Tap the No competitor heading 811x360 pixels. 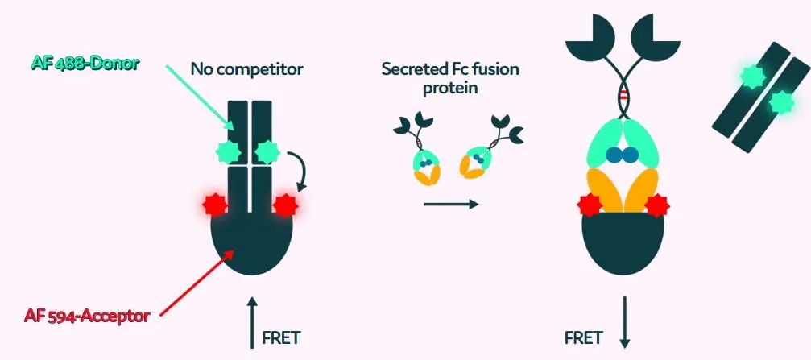click(246, 69)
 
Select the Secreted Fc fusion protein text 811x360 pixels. click(450, 78)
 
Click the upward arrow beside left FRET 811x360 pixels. click(252, 323)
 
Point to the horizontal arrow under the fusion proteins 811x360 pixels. click(450, 204)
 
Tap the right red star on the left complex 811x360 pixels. click(286, 205)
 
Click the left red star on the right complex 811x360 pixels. click(588, 205)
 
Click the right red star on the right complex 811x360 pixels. click(657, 205)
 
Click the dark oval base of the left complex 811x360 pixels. click(251, 242)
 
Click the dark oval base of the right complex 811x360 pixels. click(623, 246)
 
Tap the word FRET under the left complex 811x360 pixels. click(281, 337)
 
